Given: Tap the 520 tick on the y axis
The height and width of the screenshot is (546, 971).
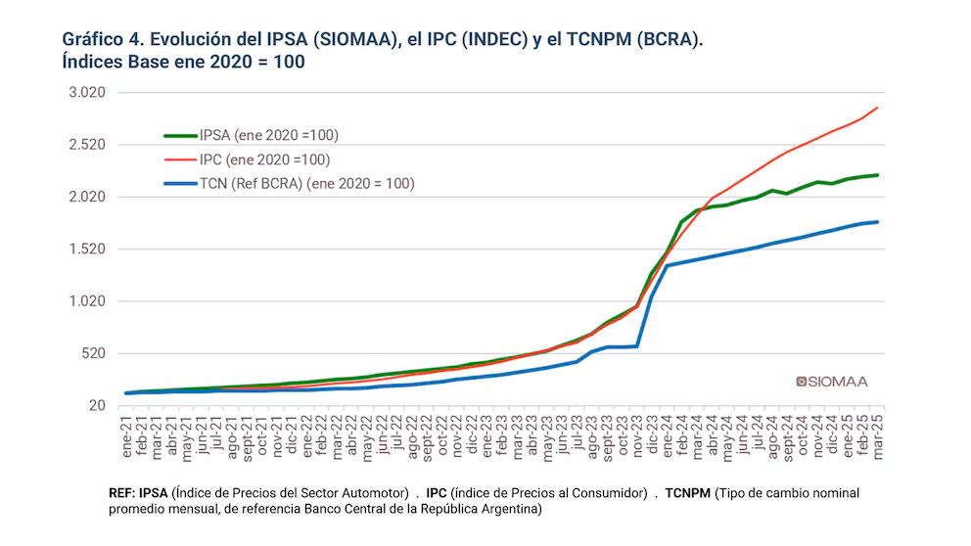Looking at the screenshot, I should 92,353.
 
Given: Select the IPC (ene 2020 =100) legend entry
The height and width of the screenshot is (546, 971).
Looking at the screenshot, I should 263,159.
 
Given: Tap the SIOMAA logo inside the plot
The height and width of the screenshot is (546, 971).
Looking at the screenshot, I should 832,381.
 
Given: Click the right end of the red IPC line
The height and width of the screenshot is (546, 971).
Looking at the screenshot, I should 877,108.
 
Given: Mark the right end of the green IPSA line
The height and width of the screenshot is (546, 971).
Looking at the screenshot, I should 877,175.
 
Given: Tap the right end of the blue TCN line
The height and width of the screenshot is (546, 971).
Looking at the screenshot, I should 877,222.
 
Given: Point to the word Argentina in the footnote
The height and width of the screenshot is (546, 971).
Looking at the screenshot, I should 508,509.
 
